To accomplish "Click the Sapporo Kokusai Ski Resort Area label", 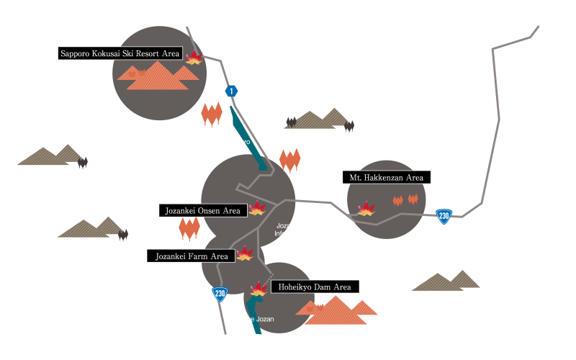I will (x=120, y=53).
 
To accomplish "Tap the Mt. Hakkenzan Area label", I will (x=386, y=177).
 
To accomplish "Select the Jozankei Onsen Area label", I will (x=202, y=210).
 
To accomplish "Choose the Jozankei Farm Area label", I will (x=192, y=256).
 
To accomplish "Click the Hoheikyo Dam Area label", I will (x=315, y=287).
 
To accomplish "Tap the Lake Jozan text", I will (x=257, y=319).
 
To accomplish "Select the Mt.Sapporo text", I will (x=334, y=329).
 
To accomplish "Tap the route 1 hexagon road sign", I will (x=231, y=91).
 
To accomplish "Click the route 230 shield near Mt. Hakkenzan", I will (x=444, y=216).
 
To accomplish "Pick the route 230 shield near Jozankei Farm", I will (x=220, y=293).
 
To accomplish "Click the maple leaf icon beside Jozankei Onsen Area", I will (x=257, y=208).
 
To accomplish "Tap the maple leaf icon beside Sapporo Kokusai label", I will (x=194, y=57).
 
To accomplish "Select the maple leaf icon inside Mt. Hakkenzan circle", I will (x=366, y=209).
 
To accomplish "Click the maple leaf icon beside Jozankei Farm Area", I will (x=245, y=253).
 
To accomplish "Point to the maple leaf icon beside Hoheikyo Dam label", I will (x=258, y=289).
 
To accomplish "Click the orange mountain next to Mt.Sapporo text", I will (x=336, y=310).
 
